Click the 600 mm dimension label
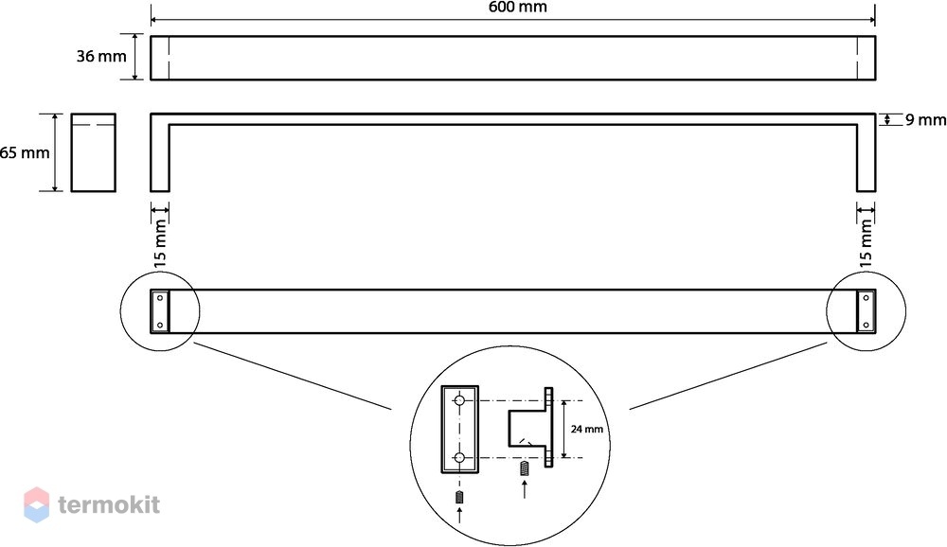click(x=518, y=8)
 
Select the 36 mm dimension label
click(x=101, y=57)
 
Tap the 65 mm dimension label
click(x=25, y=152)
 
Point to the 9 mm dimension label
click(x=925, y=120)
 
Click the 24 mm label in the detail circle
click(x=586, y=430)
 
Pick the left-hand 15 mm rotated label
click(x=160, y=242)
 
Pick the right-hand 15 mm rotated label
click(x=867, y=241)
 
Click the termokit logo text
click(x=109, y=504)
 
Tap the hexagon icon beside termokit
click(x=36, y=504)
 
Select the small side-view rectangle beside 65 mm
click(x=93, y=152)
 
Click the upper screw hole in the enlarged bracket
click(x=459, y=400)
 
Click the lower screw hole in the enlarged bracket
click(x=459, y=458)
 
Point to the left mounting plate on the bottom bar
click(x=160, y=311)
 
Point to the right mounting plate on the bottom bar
click(x=867, y=311)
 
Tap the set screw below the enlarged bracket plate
click(x=459, y=498)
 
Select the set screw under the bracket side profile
click(x=525, y=468)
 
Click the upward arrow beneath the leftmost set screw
click(x=459, y=516)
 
